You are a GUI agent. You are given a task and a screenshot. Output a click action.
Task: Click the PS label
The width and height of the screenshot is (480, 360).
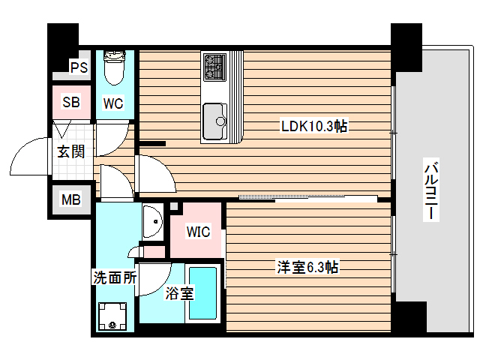point(79,67)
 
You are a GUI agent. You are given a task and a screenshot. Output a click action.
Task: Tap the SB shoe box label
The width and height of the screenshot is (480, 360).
point(71,102)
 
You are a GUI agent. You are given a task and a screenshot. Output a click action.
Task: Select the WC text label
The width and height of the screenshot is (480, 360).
point(113,103)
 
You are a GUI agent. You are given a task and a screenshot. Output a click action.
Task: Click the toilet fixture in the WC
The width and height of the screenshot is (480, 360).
point(114,67)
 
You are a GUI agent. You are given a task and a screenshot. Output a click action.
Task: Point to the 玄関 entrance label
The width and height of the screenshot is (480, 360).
point(71,151)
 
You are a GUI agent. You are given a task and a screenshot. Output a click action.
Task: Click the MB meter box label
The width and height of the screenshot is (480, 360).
point(71,199)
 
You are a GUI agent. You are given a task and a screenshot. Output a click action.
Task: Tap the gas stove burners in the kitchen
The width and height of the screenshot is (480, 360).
point(214,67)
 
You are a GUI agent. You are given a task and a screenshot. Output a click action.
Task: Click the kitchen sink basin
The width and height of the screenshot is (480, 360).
point(217,117)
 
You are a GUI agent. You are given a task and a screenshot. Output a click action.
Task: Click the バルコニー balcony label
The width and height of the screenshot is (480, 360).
point(430,191)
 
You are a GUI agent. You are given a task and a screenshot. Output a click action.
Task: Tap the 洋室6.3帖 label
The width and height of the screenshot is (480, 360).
point(307,267)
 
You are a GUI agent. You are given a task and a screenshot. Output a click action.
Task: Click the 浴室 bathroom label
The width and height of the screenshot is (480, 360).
point(178,293)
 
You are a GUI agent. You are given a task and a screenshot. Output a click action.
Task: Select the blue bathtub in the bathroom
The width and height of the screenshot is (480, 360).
point(203,292)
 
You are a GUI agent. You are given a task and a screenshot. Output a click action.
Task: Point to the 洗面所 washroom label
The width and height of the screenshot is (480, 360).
point(115,276)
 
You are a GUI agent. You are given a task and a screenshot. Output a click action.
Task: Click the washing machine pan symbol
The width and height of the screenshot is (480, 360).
point(113,315)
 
